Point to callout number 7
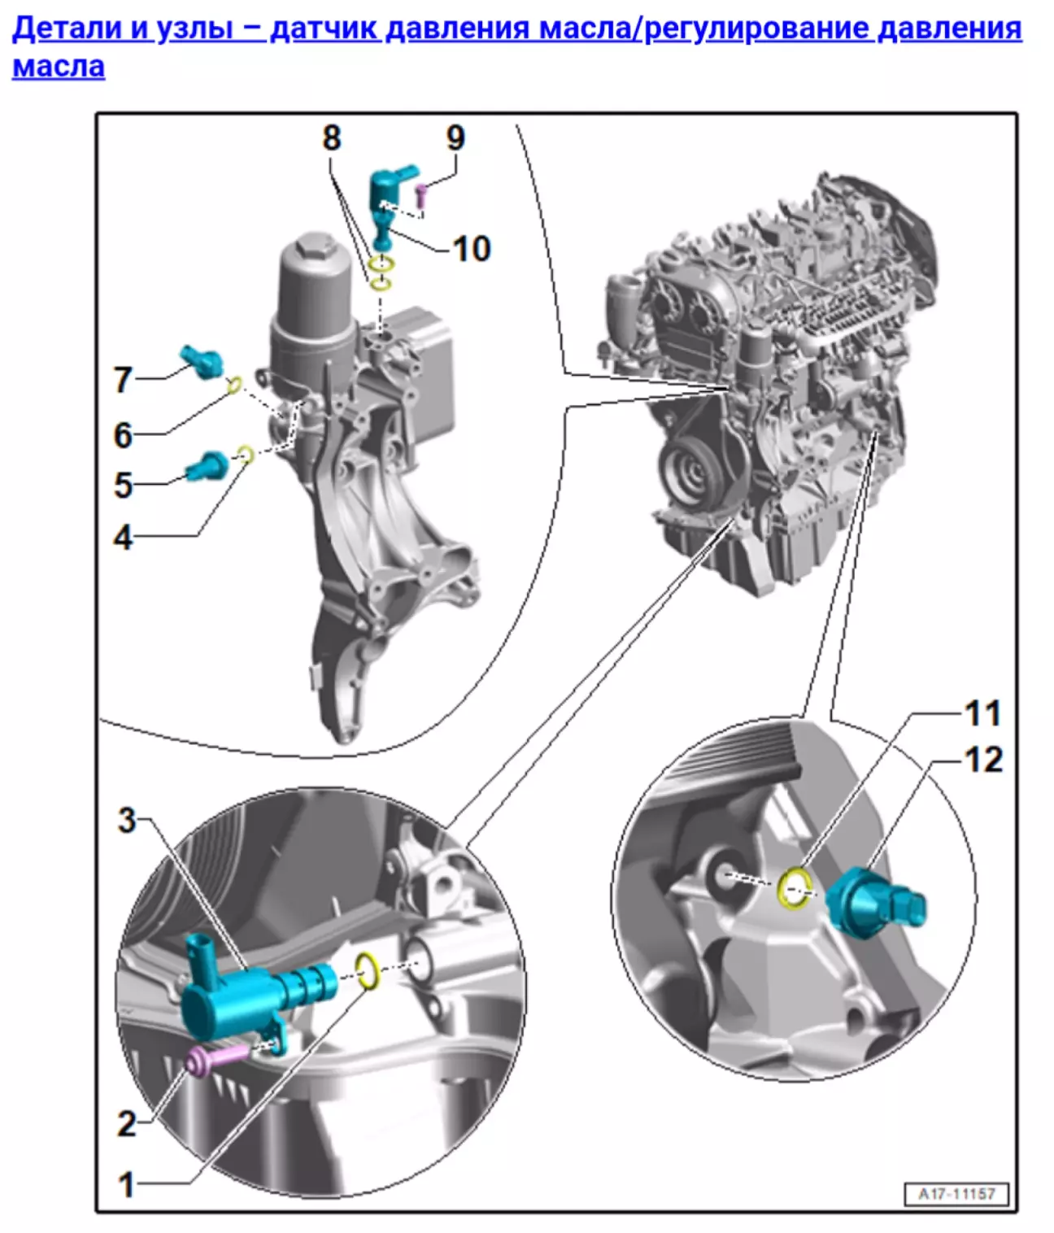(123, 379)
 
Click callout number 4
(123, 538)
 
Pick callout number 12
(983, 760)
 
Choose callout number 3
(126, 820)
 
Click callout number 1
(126, 1184)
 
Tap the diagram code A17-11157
(956, 1194)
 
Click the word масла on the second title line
(59, 66)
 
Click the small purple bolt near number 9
(421, 195)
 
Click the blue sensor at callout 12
(873, 905)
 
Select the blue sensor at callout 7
(202, 361)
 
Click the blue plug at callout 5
(207, 466)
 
